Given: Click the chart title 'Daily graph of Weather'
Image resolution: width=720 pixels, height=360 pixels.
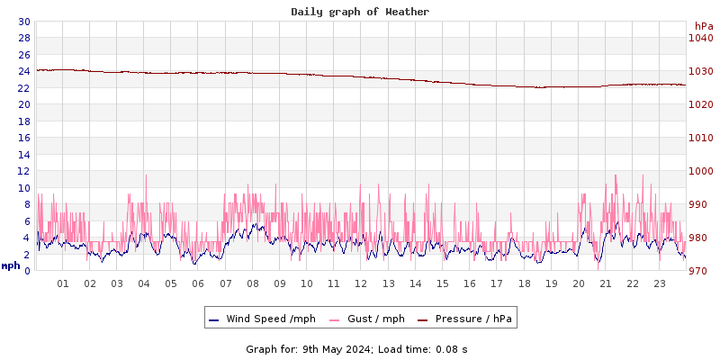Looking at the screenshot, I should (x=359, y=12).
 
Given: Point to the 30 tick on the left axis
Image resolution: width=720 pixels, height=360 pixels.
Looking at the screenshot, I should (x=23, y=22).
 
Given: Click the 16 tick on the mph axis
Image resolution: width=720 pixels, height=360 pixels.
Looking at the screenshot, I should (x=23, y=138).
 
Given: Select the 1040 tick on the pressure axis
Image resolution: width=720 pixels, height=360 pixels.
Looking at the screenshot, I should (x=700, y=38).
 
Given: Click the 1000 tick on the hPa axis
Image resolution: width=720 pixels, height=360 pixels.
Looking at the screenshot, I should (x=700, y=171).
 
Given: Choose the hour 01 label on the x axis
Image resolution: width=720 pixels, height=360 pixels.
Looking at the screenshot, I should (x=63, y=283).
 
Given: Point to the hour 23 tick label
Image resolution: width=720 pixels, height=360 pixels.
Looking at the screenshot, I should (x=660, y=283).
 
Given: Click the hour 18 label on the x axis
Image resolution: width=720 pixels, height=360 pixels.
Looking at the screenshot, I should (x=524, y=283).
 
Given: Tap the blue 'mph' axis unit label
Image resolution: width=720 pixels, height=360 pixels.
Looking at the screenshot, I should (x=11, y=265).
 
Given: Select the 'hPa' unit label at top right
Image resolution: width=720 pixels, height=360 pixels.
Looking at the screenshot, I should (x=703, y=26).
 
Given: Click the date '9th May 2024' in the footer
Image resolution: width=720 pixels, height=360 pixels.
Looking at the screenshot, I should (x=336, y=349).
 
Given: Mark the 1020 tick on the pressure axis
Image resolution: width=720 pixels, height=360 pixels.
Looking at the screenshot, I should (x=700, y=104).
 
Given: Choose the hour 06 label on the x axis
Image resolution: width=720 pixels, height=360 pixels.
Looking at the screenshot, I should (x=198, y=283).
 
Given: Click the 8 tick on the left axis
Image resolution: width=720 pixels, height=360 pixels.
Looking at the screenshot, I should (x=26, y=204).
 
